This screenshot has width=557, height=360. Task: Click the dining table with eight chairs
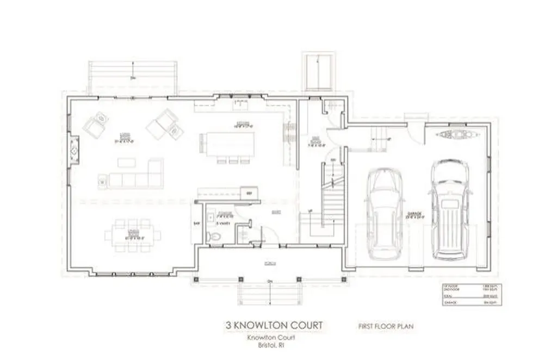click(x=133, y=235)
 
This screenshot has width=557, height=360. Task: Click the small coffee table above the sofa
click(x=126, y=162)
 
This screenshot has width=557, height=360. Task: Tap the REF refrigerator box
click(x=249, y=193)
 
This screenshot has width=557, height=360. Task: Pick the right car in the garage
click(x=450, y=209)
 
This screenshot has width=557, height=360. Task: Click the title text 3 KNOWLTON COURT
click(x=274, y=325)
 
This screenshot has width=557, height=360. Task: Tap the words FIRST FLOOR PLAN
click(x=386, y=326)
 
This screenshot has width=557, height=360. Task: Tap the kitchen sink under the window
click(x=239, y=101)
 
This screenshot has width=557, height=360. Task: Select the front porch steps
click(x=270, y=294)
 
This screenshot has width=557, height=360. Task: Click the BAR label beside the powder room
click(x=196, y=223)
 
